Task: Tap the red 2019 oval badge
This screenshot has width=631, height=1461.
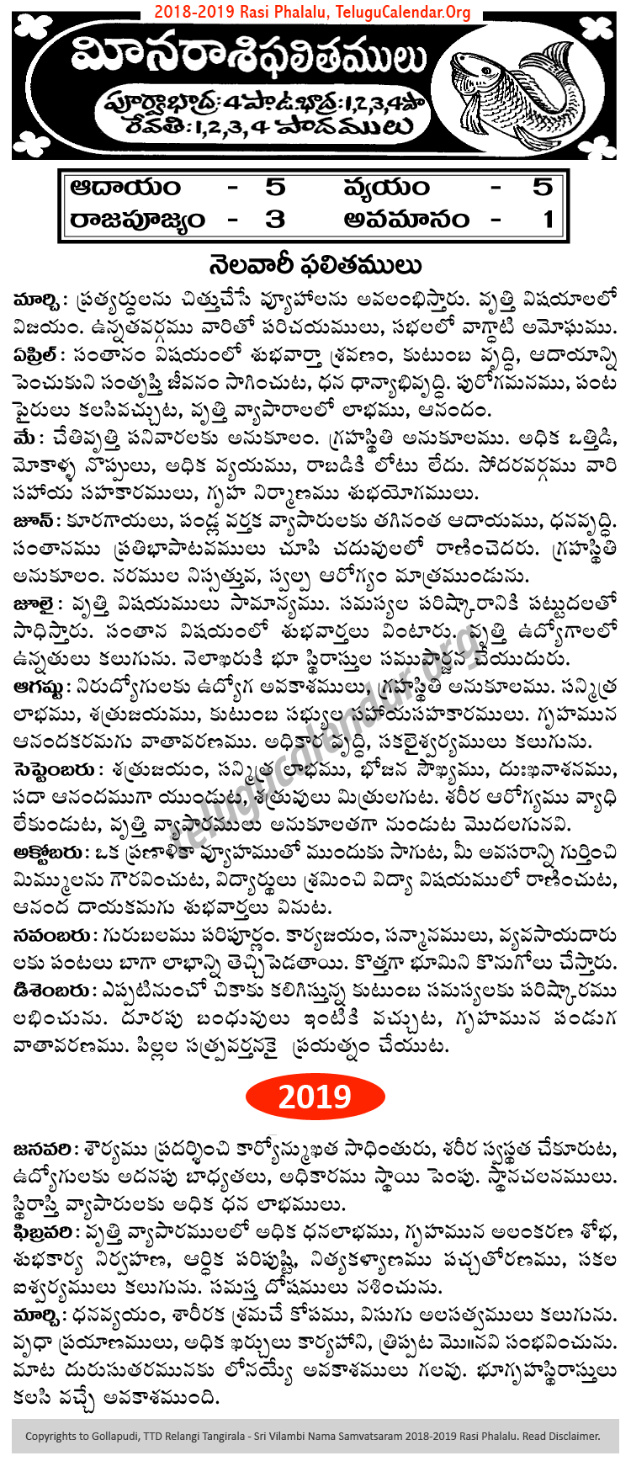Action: point(315,1096)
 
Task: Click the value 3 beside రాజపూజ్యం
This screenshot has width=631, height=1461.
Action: point(275,220)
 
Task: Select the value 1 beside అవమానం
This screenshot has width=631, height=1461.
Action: point(548,220)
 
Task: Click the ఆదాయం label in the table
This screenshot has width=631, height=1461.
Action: point(126,187)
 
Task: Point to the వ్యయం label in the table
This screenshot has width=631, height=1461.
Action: point(386,187)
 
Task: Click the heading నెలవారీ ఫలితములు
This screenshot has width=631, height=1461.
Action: point(315,266)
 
